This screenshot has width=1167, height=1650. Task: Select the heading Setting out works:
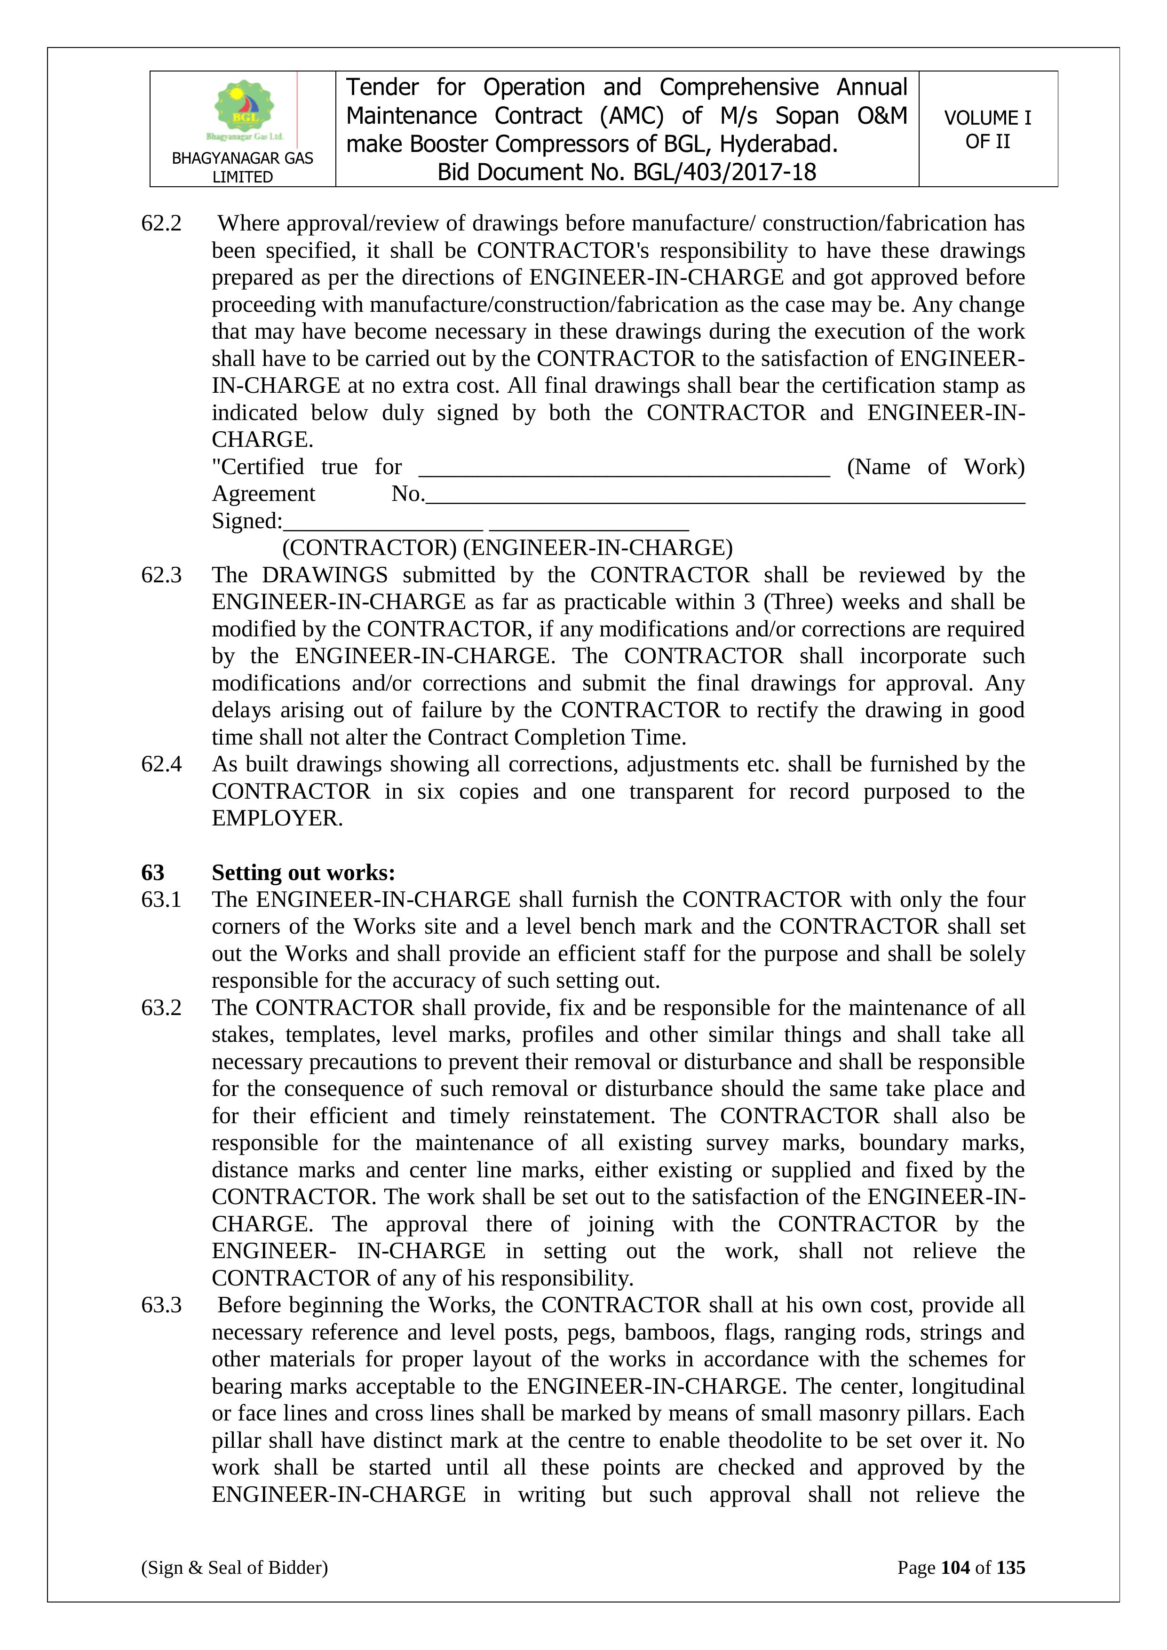tap(303, 873)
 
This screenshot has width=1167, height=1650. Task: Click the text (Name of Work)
tap(936, 467)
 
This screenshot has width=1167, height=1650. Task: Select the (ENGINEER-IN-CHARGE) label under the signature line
tap(598, 548)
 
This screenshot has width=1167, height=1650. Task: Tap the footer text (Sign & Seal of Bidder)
tap(234, 1567)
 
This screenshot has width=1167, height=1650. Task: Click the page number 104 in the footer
tap(955, 1567)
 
